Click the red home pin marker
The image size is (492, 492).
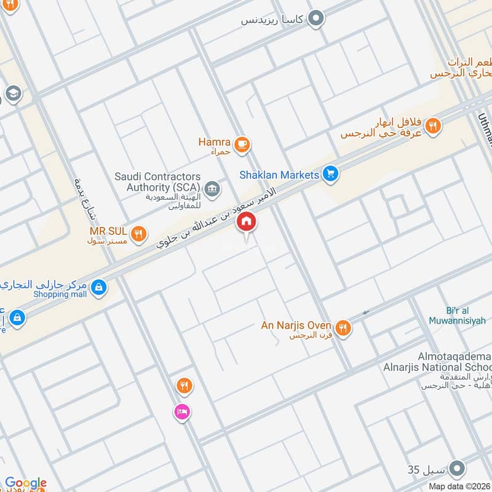(x=247, y=222)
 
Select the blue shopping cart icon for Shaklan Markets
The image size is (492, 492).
(x=331, y=175)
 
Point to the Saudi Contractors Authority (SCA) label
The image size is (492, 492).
(x=157, y=181)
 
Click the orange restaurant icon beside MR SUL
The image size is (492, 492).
(x=139, y=233)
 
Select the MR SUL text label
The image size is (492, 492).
(x=109, y=231)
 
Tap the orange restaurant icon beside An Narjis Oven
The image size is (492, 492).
(x=344, y=328)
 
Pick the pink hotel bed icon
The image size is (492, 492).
(x=181, y=411)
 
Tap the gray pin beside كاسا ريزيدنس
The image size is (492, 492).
(x=316, y=20)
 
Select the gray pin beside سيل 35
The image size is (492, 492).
(x=456, y=470)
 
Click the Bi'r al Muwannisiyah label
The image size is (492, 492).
(x=466, y=315)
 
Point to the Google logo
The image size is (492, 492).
(x=25, y=483)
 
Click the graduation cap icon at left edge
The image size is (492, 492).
(x=12, y=94)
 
